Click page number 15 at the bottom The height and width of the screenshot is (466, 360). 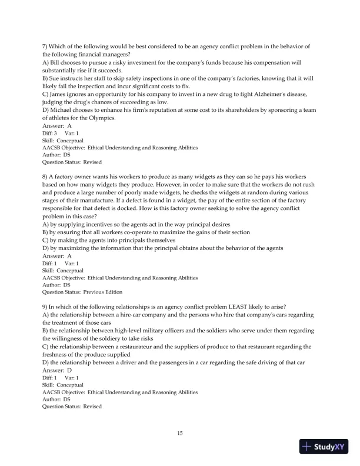click(180, 434)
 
